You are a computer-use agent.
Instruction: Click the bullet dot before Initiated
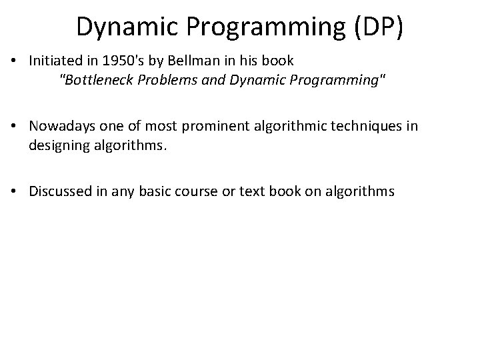pyautogui.click(x=14, y=61)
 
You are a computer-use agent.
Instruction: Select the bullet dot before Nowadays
pyautogui.click(x=14, y=127)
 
